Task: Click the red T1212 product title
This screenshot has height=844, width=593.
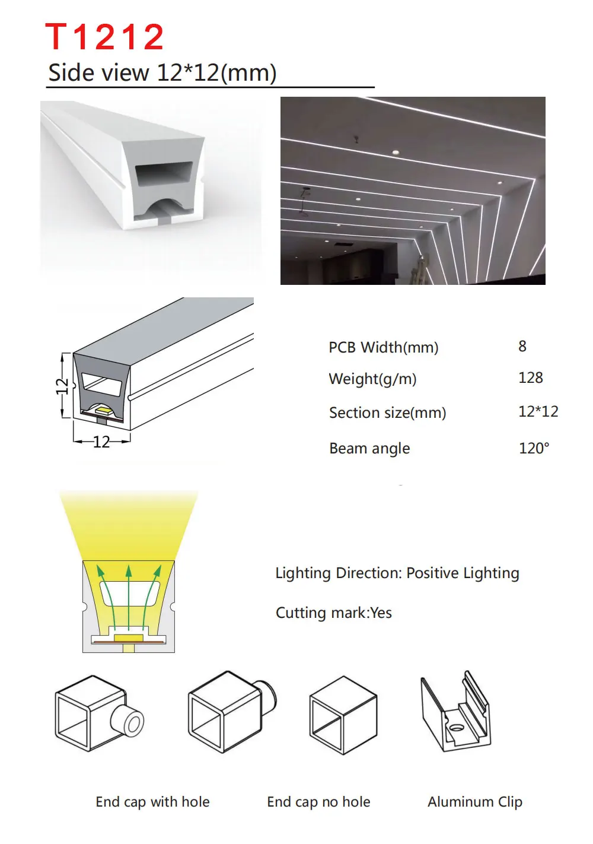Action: [104, 37]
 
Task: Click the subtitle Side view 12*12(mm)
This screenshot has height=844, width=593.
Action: [162, 73]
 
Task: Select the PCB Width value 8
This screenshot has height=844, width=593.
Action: [522, 347]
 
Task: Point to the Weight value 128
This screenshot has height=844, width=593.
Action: [530, 378]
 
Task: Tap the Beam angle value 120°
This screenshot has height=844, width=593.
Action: [534, 448]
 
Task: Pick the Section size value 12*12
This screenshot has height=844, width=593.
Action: [538, 412]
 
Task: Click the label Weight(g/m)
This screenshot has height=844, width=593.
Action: [372, 379]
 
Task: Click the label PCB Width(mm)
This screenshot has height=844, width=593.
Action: [383, 347]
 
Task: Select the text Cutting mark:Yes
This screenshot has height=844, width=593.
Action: [333, 613]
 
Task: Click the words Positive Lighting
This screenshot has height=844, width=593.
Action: [463, 573]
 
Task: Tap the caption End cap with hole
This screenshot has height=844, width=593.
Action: [152, 802]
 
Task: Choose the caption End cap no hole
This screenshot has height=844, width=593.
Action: [318, 802]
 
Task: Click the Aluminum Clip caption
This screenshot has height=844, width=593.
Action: [474, 802]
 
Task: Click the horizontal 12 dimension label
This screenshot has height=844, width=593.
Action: [101, 442]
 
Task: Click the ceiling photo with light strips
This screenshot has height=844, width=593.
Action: [413, 191]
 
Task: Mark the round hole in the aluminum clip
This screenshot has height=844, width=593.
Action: [455, 728]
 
